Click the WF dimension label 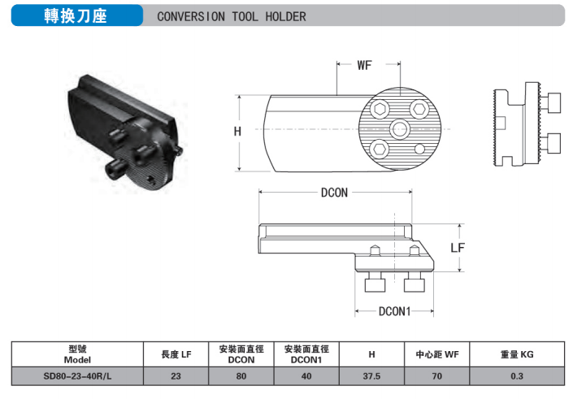[x=364, y=65]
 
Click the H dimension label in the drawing [x=237, y=131]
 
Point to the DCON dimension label [x=334, y=193]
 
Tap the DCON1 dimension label [x=394, y=311]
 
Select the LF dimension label [x=458, y=248]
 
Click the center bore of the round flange [x=400, y=129]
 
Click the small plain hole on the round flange [x=419, y=149]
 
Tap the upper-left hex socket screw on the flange [x=380, y=109]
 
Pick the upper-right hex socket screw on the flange [x=419, y=109]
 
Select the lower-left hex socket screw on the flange [x=380, y=149]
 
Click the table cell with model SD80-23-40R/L [x=77, y=376]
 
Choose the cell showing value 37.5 [x=371, y=376]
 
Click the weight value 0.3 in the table [x=517, y=376]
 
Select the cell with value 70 [x=437, y=376]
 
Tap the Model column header [x=77, y=354]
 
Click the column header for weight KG [x=517, y=354]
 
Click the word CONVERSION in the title [x=191, y=16]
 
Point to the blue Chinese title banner [x=77, y=15]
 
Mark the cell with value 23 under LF [x=176, y=376]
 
